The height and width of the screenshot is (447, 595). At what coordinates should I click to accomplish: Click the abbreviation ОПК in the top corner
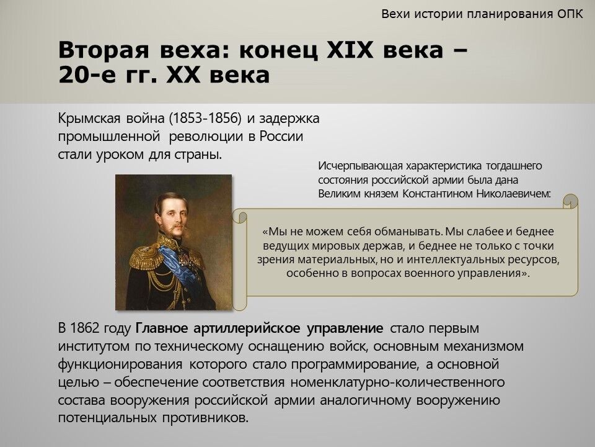coord(570,14)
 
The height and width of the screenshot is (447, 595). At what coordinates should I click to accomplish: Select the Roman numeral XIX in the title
coord(350,50)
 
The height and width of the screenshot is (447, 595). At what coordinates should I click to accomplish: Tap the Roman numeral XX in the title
coord(183,74)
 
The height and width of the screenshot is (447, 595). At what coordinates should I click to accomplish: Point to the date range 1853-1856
coord(205,119)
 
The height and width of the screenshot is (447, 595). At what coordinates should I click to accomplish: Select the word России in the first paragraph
coord(281,136)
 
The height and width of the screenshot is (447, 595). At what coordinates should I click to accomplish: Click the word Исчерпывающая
coord(360,166)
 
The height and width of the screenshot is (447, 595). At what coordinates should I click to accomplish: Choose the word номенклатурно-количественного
coord(398,382)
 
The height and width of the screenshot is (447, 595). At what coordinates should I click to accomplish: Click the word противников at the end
coord(205,418)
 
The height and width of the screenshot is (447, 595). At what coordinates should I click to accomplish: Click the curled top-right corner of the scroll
coord(570,201)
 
